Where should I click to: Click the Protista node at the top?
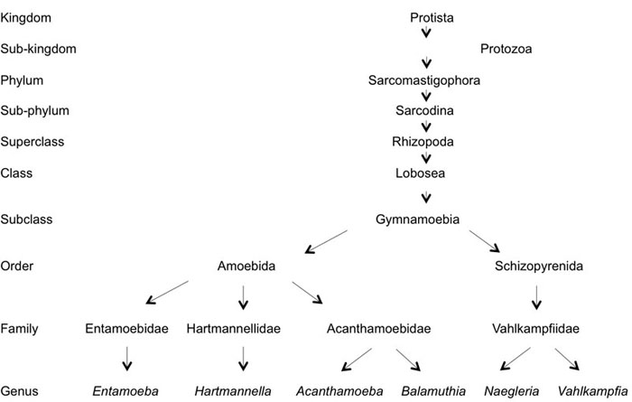click(424, 17)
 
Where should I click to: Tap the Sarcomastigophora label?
click(424, 80)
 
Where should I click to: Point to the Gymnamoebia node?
click(424, 219)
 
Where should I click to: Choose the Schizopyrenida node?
click(537, 267)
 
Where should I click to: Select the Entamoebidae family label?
click(126, 329)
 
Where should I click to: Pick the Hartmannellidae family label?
click(241, 329)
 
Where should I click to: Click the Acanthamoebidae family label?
click(378, 329)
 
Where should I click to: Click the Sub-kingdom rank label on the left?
click(38, 49)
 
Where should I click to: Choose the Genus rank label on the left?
click(20, 391)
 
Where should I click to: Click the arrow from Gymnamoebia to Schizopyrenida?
click(482, 242)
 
